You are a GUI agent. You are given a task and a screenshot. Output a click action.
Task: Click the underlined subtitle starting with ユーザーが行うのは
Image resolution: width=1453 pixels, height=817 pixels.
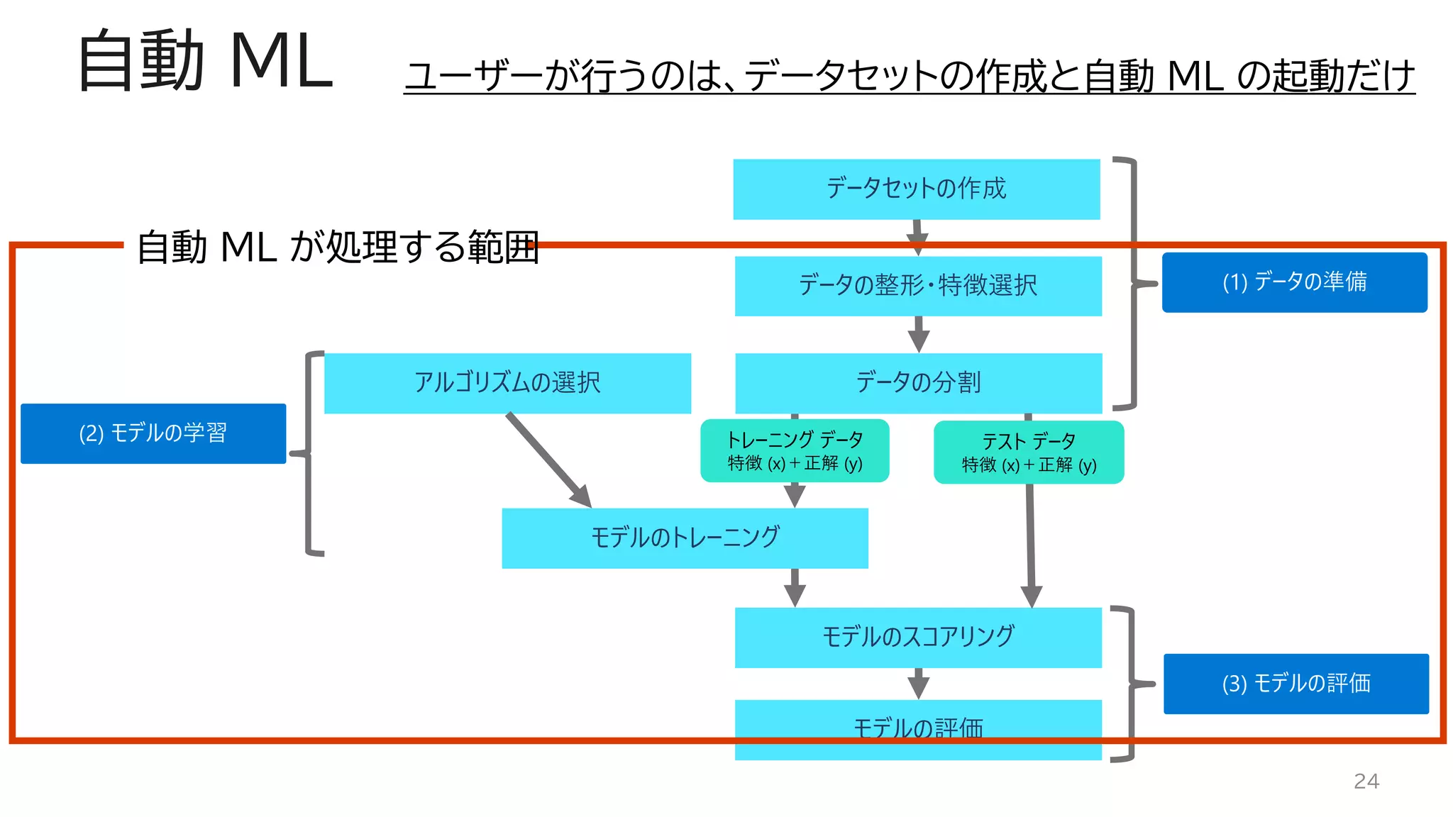pyautogui.click(x=909, y=75)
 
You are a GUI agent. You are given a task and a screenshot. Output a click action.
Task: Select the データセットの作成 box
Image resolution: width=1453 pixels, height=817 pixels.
pyautogui.click(x=916, y=189)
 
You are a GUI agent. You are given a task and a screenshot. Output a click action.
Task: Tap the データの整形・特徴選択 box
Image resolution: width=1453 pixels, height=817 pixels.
pyautogui.click(x=917, y=286)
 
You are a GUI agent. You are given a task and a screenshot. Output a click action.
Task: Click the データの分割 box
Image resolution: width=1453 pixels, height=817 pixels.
pyautogui.click(x=918, y=383)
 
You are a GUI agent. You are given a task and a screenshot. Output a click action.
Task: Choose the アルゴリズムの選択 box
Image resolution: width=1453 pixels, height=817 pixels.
pyautogui.click(x=507, y=383)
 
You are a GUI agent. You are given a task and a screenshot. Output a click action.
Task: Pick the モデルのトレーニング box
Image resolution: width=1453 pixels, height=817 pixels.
pyautogui.click(x=685, y=538)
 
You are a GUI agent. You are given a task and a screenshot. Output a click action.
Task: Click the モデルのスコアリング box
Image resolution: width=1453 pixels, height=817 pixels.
pyautogui.click(x=917, y=637)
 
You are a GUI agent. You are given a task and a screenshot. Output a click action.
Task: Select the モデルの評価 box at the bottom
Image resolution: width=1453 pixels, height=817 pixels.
pyautogui.click(x=917, y=729)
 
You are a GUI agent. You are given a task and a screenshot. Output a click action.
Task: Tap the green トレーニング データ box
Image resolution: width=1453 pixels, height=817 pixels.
pyautogui.click(x=795, y=451)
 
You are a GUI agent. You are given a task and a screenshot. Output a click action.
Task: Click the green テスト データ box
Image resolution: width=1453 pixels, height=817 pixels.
pyautogui.click(x=1029, y=452)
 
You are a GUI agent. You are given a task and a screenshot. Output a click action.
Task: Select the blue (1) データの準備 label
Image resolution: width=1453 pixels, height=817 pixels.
pyautogui.click(x=1294, y=282)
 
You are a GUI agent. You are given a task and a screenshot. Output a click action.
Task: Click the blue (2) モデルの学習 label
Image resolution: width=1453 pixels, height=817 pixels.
pyautogui.click(x=153, y=433)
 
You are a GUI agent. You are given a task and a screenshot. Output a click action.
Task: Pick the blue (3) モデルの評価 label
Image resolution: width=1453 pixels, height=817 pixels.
pyautogui.click(x=1295, y=684)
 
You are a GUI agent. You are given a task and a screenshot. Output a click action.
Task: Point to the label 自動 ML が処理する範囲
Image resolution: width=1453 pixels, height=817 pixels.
pyautogui.click(x=338, y=248)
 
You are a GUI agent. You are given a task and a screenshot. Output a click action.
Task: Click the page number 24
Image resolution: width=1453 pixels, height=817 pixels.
pyautogui.click(x=1366, y=781)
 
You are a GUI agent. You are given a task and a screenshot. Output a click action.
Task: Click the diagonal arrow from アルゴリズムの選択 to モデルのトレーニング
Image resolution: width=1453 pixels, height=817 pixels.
pyautogui.click(x=548, y=460)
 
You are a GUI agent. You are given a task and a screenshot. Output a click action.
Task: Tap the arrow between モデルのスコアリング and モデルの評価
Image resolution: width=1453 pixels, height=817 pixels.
pyautogui.click(x=918, y=683)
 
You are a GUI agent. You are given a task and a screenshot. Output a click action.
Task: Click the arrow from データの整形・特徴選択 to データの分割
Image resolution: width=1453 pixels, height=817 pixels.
pyautogui.click(x=918, y=334)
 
